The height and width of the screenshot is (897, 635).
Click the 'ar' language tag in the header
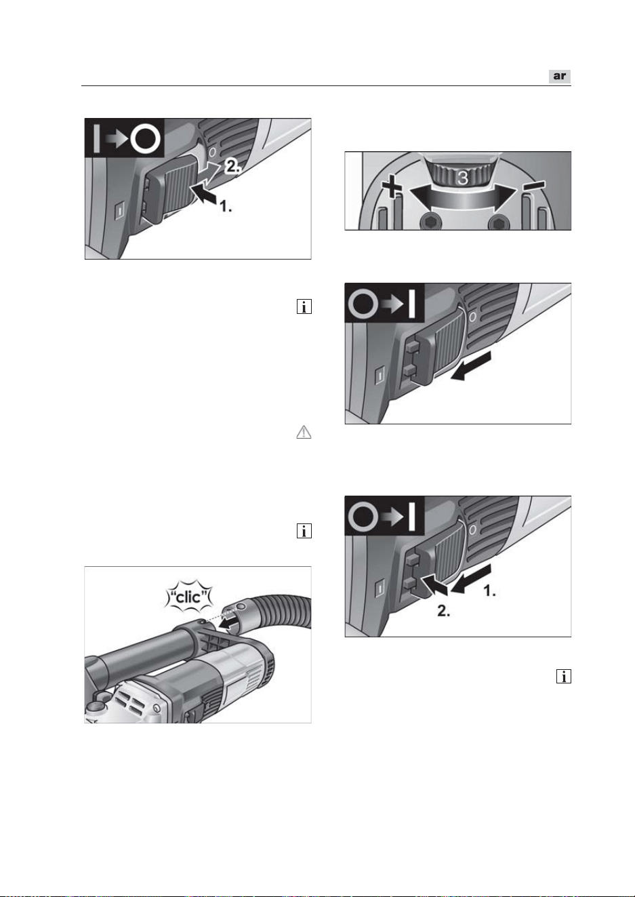[559, 76]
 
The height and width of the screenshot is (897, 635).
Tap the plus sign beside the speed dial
[392, 188]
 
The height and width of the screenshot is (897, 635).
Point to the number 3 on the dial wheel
[462, 178]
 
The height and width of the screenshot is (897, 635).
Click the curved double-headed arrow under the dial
[463, 200]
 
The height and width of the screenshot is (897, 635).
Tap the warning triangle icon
[304, 432]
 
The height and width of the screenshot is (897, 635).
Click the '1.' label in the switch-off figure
[226, 207]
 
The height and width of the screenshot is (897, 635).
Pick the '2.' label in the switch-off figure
[232, 166]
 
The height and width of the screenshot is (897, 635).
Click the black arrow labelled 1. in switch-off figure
[205, 195]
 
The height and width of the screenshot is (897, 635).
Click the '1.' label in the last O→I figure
[490, 591]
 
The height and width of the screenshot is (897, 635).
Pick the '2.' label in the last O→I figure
[444, 612]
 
